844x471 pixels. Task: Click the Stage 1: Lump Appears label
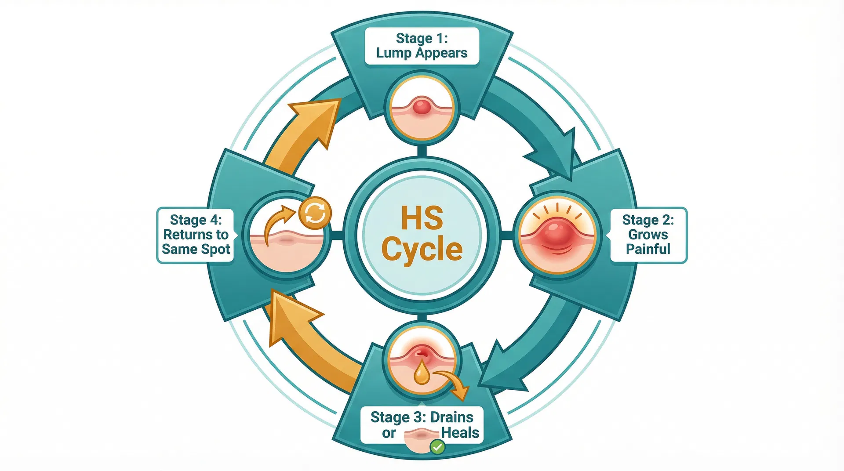click(x=422, y=46)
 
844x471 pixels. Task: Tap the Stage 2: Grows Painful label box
click(x=648, y=235)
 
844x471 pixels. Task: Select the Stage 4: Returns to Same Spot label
click(x=196, y=235)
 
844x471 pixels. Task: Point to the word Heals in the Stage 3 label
click(x=460, y=433)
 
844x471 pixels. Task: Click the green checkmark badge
click(x=437, y=447)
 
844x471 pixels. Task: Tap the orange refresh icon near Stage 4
click(x=315, y=213)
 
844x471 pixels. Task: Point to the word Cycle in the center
click(x=422, y=250)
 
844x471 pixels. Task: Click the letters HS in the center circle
click(x=422, y=218)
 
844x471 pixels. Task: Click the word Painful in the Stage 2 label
click(x=648, y=249)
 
